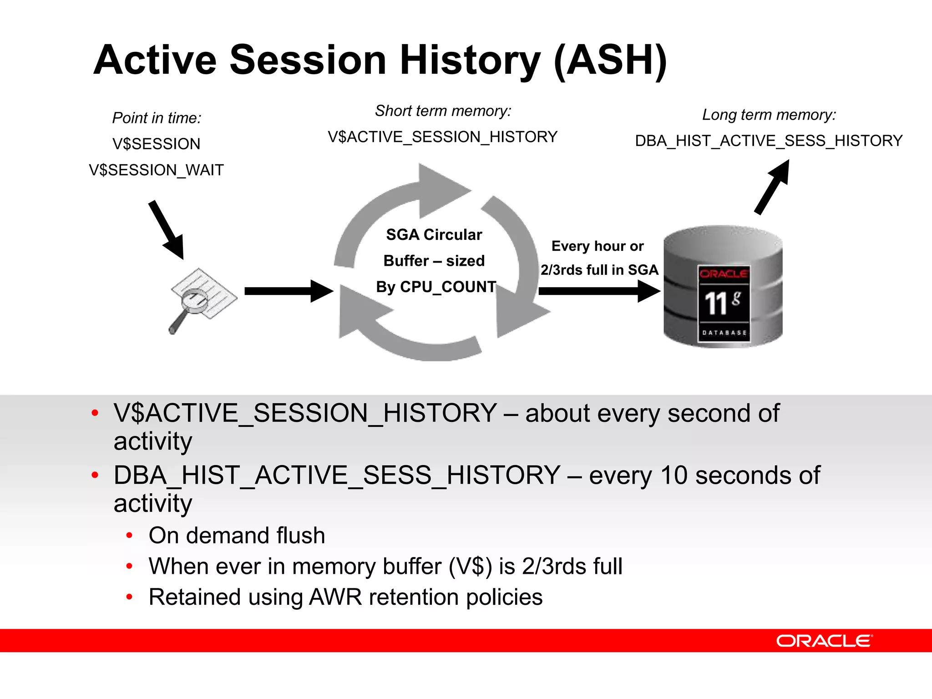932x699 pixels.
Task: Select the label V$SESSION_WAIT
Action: click(156, 170)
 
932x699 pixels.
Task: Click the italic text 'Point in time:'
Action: click(157, 118)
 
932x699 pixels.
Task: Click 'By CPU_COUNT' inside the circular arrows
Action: click(436, 287)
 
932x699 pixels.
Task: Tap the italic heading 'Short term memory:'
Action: click(443, 111)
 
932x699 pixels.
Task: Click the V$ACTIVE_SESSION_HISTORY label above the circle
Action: click(442, 137)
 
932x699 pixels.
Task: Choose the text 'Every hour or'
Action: click(597, 246)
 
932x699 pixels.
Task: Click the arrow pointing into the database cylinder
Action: click(598, 291)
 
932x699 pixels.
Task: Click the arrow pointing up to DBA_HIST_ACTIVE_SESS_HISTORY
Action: click(772, 187)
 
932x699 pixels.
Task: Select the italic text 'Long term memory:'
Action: click(769, 115)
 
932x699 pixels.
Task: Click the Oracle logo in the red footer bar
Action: click(824, 641)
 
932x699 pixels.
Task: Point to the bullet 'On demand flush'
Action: click(237, 536)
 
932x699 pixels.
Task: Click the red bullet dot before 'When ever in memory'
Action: click(130, 567)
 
